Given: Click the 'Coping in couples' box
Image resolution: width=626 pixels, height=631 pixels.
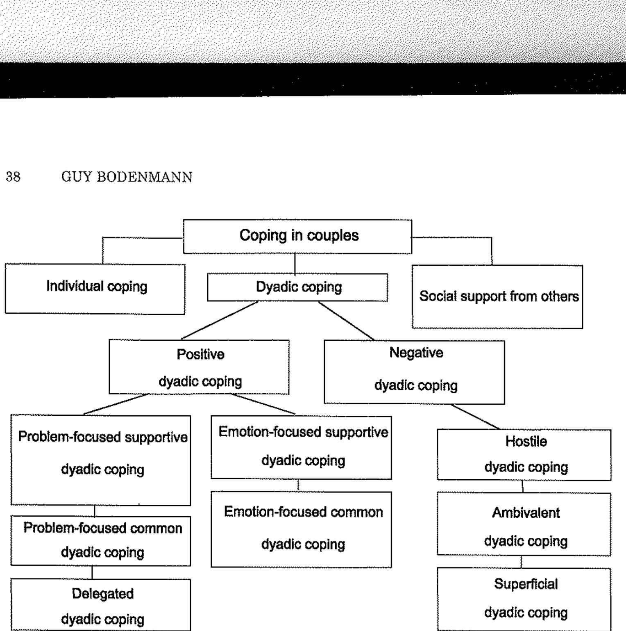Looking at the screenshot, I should coord(297,236).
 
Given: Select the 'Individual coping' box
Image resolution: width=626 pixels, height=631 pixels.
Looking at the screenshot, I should coord(95,289).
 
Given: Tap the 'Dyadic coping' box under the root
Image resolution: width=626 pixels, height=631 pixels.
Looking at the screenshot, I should coord(297,287).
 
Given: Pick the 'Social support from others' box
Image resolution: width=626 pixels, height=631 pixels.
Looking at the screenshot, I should coord(497,296).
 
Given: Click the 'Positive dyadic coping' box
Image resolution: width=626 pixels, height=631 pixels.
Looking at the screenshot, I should coord(199,367).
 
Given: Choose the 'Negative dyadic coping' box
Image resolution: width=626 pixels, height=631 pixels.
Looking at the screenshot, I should coord(414,372).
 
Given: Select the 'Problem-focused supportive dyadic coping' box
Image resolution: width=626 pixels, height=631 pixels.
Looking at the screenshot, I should coord(101,460).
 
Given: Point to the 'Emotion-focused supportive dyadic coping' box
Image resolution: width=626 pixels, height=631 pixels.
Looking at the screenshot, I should coord(302,447).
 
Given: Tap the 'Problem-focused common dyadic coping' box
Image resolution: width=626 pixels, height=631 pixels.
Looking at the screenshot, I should coord(101,541).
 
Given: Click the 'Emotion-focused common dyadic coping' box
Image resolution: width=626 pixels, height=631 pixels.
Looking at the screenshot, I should coord(302,529).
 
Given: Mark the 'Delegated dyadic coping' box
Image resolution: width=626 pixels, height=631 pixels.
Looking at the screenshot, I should coord(101,605).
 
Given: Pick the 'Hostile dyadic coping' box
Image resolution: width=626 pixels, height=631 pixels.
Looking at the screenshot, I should coord(524,455).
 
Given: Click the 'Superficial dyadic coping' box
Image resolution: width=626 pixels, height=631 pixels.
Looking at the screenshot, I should coord(524,599).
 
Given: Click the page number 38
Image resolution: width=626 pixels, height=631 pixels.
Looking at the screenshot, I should coord(13,177).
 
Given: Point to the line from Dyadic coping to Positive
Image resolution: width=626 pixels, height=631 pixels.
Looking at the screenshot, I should coord(220,320).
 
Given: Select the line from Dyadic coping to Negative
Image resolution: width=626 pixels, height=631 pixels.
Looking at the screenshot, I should coord(346,321).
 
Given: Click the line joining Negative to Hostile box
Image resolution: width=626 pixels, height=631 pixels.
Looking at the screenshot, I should coord(475,417).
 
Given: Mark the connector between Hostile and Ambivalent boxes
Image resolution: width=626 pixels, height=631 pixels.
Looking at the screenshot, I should coord(523,486).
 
